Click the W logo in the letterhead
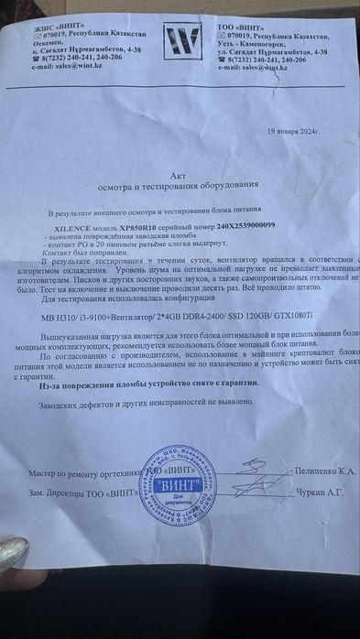(x=181, y=42)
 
